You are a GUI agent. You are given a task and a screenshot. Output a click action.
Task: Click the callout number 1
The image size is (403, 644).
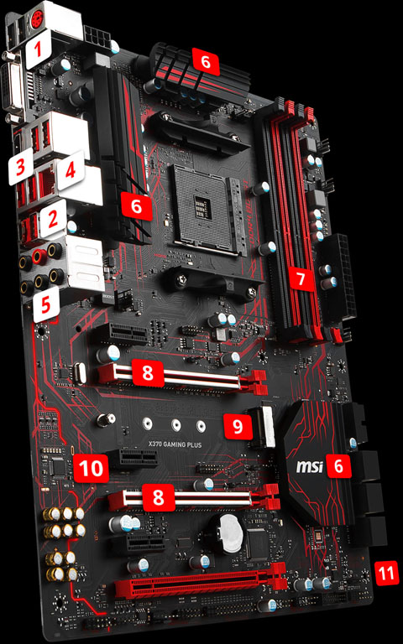point(36,55)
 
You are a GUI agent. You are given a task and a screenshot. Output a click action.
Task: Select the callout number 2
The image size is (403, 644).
point(53,220)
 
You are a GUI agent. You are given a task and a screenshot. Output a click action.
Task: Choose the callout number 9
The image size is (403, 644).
point(239,426)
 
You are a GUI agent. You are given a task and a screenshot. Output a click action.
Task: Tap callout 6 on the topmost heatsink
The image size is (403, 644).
point(204,60)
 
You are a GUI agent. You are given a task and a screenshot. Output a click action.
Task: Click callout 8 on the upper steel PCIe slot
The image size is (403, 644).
point(148,371)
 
